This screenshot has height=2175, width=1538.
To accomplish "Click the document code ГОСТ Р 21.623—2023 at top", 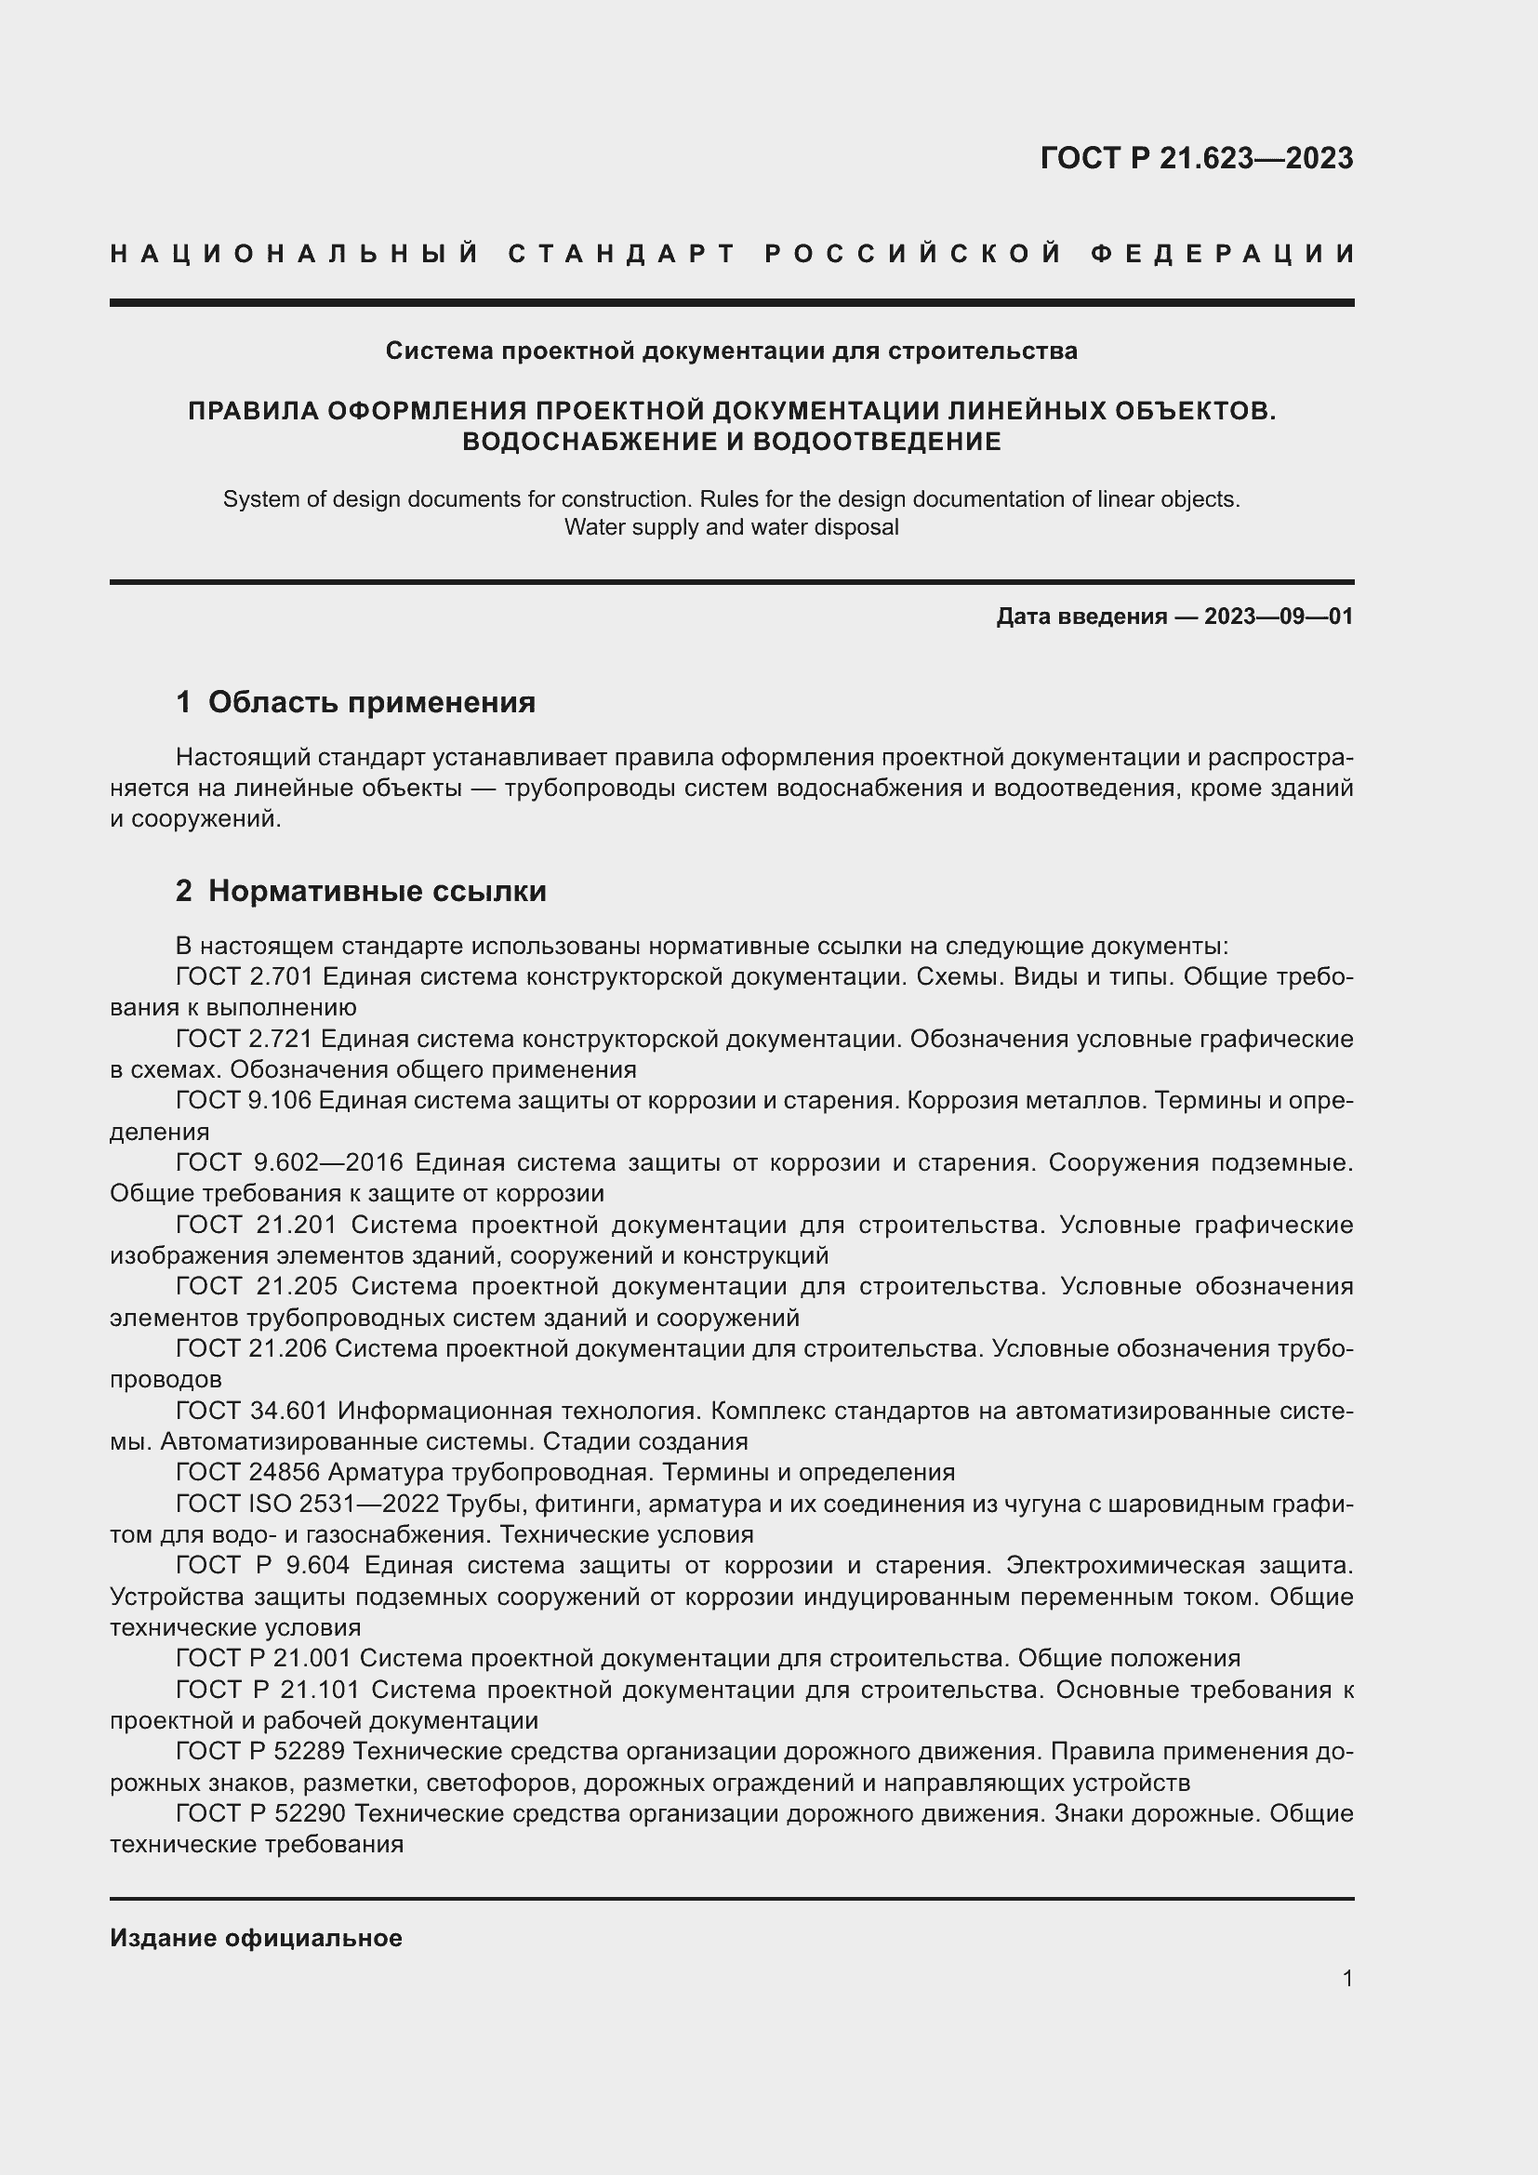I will point(1196,158).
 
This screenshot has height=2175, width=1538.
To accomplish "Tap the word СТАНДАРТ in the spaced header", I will point(622,254).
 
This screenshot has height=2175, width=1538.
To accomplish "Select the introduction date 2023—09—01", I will point(1279,617).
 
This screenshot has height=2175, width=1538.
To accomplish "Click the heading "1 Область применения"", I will point(355,702).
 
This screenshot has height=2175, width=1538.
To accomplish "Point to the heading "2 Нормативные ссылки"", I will point(361,892).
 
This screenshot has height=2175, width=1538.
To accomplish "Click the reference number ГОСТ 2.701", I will point(244,976).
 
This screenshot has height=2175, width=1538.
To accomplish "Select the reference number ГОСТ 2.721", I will point(244,1040).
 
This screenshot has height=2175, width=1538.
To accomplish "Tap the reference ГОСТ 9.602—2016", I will point(290,1162).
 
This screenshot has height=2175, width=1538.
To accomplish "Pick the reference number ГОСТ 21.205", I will point(256,1286).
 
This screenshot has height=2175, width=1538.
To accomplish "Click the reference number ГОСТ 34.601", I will point(251,1411).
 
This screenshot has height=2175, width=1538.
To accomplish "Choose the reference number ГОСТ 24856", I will point(247,1472).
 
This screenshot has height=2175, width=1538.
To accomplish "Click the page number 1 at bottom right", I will point(1347,1979).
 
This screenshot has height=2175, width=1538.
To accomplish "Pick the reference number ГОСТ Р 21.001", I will point(262,1658).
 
